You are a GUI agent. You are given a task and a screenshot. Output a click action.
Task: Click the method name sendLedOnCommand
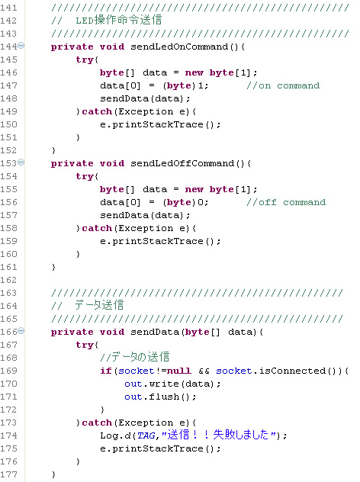pos(179,47)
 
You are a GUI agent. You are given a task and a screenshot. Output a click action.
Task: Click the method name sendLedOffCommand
pos(182,163)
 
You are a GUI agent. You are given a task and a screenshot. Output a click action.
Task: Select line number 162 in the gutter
pos(8,280)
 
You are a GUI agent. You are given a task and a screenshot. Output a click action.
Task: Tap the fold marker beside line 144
pos(21,46)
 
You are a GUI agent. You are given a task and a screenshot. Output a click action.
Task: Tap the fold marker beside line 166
pos(21,331)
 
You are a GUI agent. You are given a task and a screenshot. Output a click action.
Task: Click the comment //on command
pos(283,85)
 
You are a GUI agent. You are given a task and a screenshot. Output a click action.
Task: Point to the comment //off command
pos(286,202)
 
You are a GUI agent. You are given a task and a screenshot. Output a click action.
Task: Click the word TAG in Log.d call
pos(146,435)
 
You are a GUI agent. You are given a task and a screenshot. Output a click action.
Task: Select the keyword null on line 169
pos(179,371)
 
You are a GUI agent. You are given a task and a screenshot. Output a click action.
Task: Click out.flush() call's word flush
pos(164,397)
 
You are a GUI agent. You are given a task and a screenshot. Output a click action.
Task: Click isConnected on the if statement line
pos(292,371)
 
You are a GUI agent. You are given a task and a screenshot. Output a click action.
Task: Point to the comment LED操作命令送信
pos(119,20)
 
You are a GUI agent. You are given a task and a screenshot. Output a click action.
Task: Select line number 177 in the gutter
pos(8,474)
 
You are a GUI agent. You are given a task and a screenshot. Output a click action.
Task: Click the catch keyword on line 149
pos(97,111)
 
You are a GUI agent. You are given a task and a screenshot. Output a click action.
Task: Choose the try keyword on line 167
pos(85,345)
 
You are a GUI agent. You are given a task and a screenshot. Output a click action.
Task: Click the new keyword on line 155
pos(194,189)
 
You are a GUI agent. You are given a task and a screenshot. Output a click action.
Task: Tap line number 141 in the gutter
pos(8,8)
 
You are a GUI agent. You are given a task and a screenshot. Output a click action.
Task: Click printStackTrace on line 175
pos(158,448)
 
